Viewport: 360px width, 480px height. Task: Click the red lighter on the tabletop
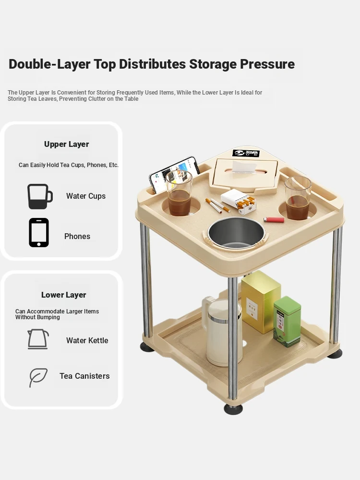[x=274, y=219]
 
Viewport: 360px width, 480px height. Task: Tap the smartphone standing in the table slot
[x=173, y=175]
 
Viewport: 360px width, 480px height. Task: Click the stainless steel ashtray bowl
[x=236, y=233]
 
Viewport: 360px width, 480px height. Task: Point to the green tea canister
[x=287, y=322]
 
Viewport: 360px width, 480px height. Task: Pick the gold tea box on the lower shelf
[x=261, y=301]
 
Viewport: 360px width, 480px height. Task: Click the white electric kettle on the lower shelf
[x=221, y=331]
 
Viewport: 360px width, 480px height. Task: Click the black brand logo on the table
[x=246, y=154]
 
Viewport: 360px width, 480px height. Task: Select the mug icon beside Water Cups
[x=40, y=196]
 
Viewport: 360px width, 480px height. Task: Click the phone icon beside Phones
[x=39, y=233]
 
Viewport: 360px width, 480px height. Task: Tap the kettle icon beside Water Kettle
[x=38, y=339]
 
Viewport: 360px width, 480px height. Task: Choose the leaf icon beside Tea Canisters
[x=38, y=377]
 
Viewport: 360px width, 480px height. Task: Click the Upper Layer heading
[x=66, y=144]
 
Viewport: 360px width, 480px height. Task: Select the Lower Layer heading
[x=64, y=295]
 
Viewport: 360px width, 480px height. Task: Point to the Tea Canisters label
[x=84, y=376]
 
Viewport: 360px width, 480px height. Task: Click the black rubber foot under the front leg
[x=233, y=408]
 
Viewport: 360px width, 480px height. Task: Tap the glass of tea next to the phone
[x=179, y=193]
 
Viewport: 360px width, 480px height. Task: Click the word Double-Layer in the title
[x=49, y=64]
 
